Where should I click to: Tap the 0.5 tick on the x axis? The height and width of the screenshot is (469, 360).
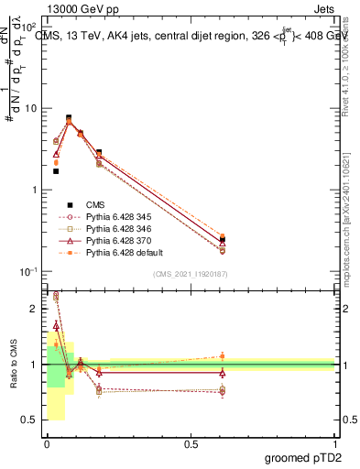coord(190,444)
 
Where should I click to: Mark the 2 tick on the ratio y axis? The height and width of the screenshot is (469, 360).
coord(32,309)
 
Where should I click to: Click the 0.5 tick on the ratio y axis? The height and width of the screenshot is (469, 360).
coord(29,420)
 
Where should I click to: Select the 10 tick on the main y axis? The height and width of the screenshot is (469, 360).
coord(30,108)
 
